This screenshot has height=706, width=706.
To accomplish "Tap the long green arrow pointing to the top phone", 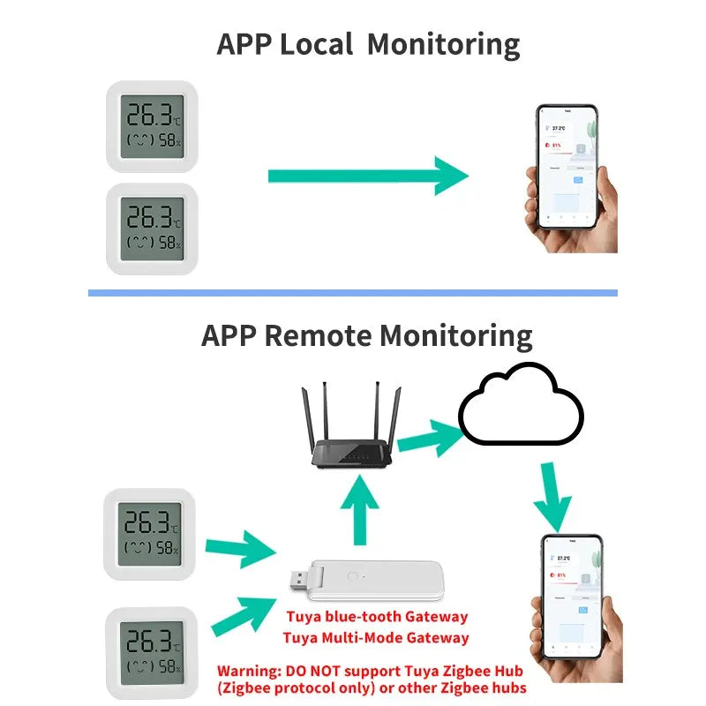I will [x=367, y=176].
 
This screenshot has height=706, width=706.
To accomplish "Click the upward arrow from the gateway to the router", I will [x=360, y=511].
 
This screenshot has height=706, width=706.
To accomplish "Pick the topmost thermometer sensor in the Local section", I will [x=151, y=125].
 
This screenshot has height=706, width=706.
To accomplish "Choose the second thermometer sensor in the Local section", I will [x=151, y=229].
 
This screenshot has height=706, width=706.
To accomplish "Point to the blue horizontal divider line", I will [x=353, y=292].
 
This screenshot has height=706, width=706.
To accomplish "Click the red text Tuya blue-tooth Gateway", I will [x=376, y=616].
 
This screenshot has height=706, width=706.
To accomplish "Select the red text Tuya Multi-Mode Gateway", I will [x=376, y=637].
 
